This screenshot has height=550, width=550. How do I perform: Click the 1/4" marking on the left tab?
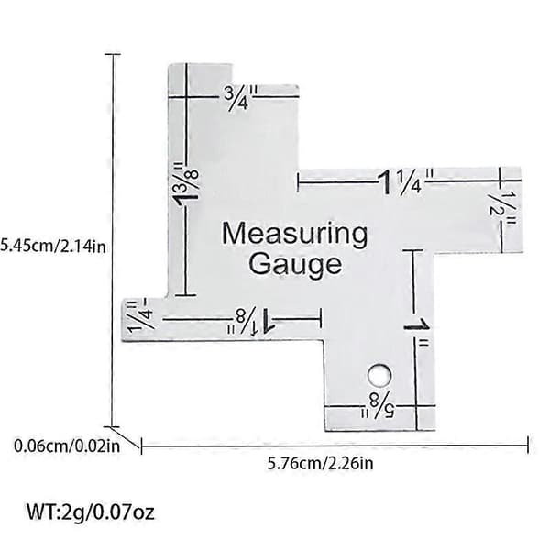(140, 314)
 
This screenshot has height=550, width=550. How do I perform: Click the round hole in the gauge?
(379, 375)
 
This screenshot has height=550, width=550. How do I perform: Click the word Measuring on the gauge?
(295, 235)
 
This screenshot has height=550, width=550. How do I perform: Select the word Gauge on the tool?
(294, 264)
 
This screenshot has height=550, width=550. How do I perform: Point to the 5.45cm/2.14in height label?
(52, 246)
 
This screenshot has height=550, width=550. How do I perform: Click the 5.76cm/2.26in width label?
(320, 464)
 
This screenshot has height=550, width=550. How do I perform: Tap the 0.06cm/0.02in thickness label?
(67, 446)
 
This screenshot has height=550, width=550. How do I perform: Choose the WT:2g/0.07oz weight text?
(91, 512)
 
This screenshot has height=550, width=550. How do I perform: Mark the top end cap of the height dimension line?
(113, 54)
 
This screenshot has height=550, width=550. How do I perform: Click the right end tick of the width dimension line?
(528, 445)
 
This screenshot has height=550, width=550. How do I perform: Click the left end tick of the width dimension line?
(141, 445)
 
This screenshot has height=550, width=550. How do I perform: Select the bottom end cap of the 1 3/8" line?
(185, 295)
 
